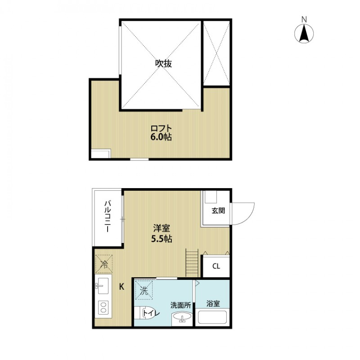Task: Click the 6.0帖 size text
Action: pos(161,137)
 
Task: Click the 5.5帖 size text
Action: pos(161,239)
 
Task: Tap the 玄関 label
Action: pos(216,211)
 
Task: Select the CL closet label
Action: pos(216,266)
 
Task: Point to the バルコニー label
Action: pos(108,216)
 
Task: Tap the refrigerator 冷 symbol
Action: pos(103,264)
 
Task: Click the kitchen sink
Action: pos(102,285)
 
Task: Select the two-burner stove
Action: pos(103,308)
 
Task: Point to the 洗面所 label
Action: pos(180,305)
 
